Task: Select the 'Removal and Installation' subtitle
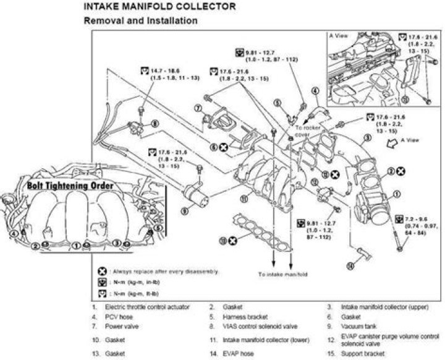(140, 20)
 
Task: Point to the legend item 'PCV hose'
(117, 317)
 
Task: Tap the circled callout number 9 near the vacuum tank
(185, 211)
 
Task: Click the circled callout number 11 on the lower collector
(244, 200)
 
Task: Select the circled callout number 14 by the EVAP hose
(350, 266)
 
